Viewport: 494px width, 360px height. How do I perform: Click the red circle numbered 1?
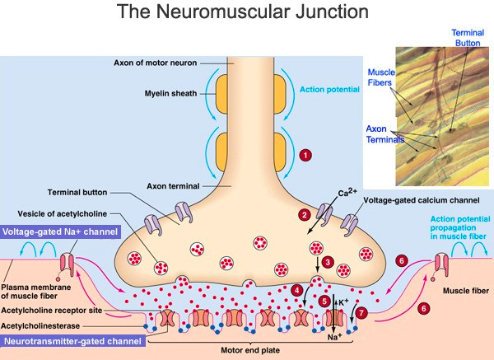coord(306,154)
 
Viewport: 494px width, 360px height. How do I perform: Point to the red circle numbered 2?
coord(304,215)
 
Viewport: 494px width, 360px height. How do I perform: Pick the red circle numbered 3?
coord(327,262)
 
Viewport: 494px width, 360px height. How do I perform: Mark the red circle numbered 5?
coord(325,302)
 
